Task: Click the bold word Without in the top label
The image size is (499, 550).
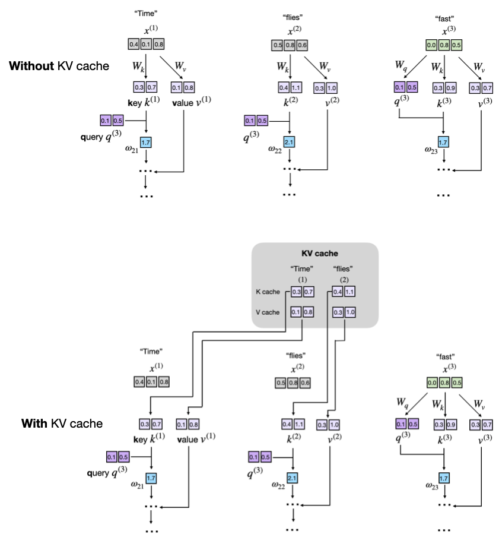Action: [x=31, y=66]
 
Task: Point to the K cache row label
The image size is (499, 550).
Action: [x=268, y=292]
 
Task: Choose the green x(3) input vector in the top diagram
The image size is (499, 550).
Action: [x=443, y=44]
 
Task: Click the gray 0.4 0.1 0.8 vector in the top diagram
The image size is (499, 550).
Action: [x=146, y=44]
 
